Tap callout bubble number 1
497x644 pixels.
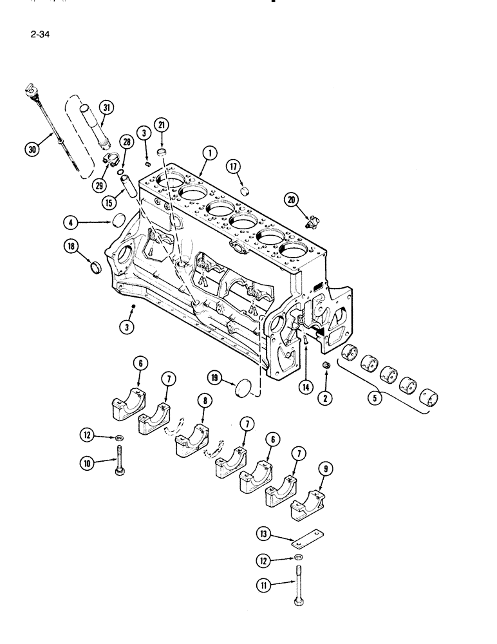(209, 153)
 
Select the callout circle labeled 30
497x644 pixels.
(30, 149)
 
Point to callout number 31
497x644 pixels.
(106, 107)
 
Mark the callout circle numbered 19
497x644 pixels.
(215, 378)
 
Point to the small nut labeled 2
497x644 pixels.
(326, 366)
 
